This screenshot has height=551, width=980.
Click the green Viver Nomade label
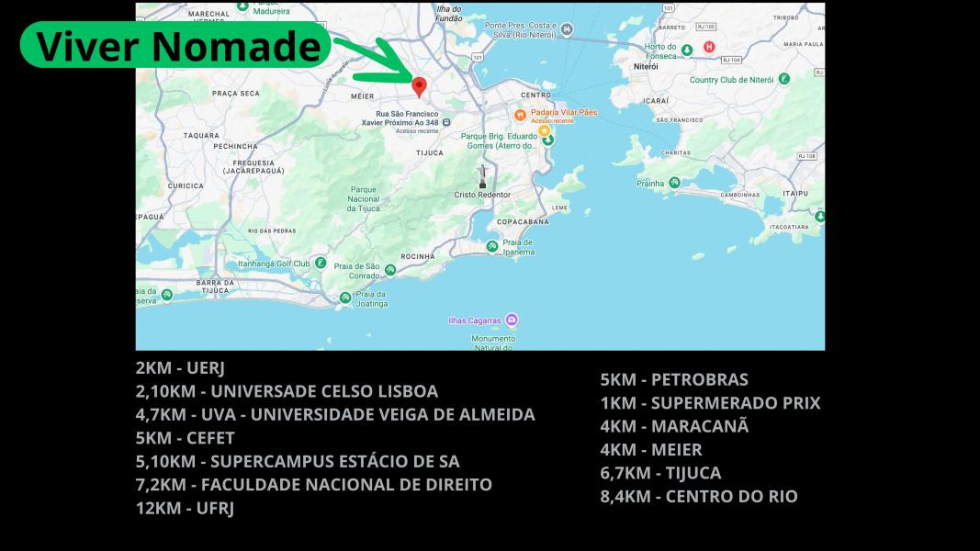(175, 45)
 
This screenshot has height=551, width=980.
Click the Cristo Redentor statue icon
(482, 176)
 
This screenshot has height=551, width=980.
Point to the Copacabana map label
(523, 222)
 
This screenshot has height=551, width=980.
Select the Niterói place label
(647, 67)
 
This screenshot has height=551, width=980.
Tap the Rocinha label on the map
(418, 256)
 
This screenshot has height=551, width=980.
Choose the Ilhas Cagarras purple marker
(512, 320)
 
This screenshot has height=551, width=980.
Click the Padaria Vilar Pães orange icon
(520, 115)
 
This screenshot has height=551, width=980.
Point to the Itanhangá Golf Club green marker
(320, 263)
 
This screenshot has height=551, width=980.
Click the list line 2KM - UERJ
(180, 367)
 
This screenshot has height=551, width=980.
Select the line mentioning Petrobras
(674, 379)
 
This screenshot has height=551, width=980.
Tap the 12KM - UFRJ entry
(185, 508)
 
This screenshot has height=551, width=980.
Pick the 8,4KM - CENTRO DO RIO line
(699, 497)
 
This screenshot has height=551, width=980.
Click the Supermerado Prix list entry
(710, 403)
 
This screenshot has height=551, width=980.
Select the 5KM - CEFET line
(185, 438)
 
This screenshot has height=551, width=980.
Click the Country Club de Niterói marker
(783, 79)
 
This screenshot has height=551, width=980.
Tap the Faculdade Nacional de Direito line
(313, 485)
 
